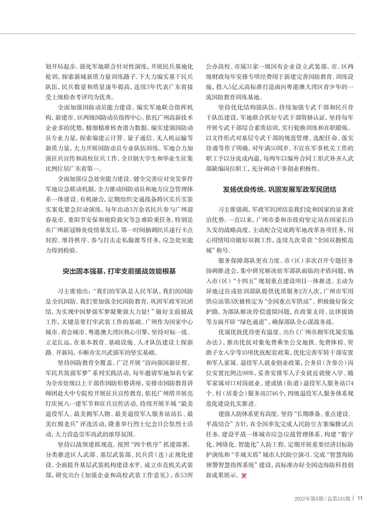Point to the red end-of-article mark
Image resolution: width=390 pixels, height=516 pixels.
click(244, 476)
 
